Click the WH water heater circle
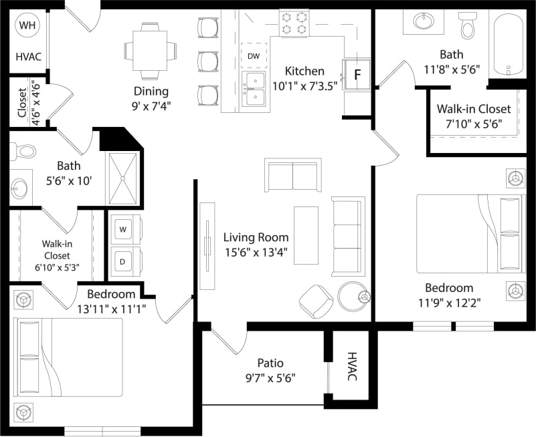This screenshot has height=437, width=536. click(x=27, y=26)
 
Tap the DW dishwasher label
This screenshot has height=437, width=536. click(x=254, y=56)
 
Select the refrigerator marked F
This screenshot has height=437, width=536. click(x=357, y=74)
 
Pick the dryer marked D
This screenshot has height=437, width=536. click(x=123, y=261)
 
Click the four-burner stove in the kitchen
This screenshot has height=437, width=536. click(x=294, y=23)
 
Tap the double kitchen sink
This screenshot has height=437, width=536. click(x=254, y=90)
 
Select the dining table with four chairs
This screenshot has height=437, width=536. click(x=151, y=51)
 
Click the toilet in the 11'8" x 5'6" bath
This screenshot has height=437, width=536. click(x=468, y=25)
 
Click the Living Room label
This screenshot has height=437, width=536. click(x=256, y=237)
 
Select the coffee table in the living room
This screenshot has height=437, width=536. click(x=306, y=235)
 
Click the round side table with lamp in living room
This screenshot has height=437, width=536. click(x=353, y=296)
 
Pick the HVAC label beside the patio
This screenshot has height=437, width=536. click(x=353, y=367)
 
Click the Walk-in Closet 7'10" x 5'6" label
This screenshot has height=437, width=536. click(x=474, y=109)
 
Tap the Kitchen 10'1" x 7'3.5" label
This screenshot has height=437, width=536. click(x=304, y=71)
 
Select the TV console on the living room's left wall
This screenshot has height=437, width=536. click(x=207, y=245)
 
